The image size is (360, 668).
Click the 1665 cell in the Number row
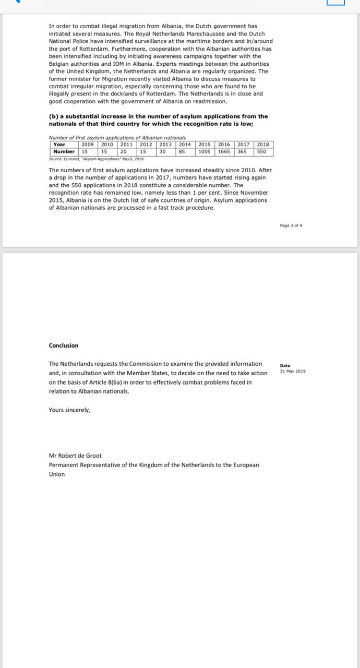[x=224, y=151]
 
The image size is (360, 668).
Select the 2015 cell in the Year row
[x=205, y=145]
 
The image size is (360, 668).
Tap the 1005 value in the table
[x=205, y=151]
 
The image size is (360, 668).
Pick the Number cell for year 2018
[x=261, y=151]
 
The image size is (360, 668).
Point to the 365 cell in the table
[x=242, y=151]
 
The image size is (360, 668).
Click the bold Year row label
[x=59, y=145]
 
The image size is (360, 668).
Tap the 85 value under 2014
[x=183, y=151]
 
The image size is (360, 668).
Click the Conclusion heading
[x=64, y=345]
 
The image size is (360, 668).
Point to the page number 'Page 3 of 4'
[x=291, y=225]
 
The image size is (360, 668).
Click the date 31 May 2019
[x=293, y=371]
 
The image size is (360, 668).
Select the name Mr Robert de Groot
[x=75, y=456]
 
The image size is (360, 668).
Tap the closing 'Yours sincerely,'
[x=70, y=410]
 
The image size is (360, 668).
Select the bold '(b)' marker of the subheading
[x=54, y=116]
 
